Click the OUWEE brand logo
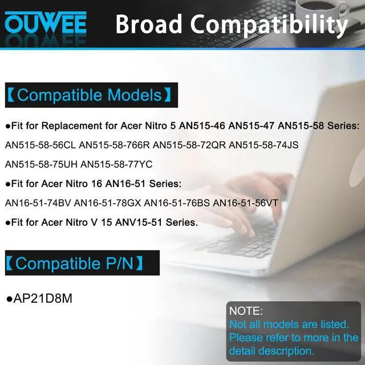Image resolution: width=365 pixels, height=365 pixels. coord(46,24)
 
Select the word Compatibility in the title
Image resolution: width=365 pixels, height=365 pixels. coord(269,25)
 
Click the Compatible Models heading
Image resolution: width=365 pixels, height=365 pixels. coord(88,95)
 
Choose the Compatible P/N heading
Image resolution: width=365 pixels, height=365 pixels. coord(74,263)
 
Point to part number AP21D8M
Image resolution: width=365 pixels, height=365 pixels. coord(40,298)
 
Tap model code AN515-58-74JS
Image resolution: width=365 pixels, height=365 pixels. coord(263,145)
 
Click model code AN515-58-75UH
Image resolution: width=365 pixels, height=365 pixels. coord(40,164)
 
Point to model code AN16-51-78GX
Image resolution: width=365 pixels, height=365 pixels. coord(107,202)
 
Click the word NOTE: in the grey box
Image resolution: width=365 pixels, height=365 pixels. coord(246,311)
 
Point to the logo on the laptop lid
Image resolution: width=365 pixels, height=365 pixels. coord(343,171)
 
